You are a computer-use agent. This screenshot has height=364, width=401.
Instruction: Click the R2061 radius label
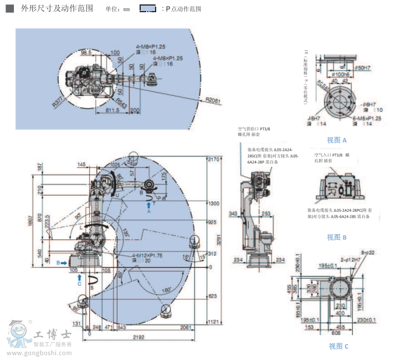click(212, 100)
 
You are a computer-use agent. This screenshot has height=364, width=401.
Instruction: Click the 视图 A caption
click(337, 140)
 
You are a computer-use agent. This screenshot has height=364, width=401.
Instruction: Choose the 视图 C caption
click(338, 346)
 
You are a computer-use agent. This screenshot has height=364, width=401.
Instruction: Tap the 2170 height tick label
click(213, 160)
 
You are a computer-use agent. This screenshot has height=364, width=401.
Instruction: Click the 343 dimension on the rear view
click(233, 213)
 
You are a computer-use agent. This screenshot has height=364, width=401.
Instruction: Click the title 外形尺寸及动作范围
click(56, 8)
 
